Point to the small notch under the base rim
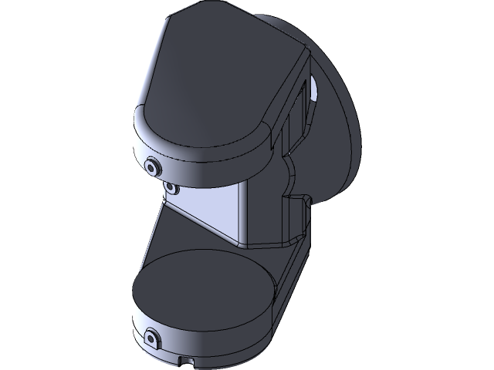pos(186,359)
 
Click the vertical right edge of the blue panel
pos(246,212)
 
